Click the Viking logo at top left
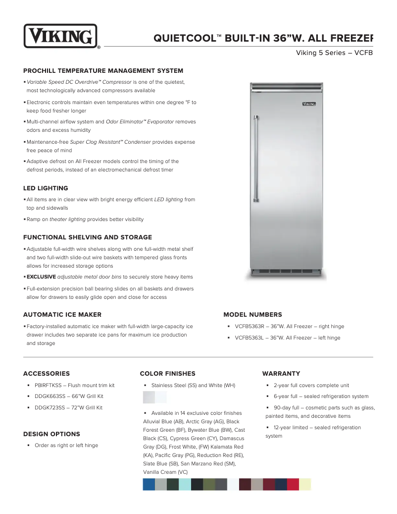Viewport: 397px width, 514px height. (60, 36)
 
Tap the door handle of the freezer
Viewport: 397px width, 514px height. (256, 156)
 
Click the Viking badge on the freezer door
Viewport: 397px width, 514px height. (309, 104)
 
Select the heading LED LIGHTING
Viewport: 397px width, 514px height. (46, 188)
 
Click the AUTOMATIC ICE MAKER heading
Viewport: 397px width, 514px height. (62, 315)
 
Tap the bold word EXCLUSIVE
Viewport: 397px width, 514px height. (41, 277)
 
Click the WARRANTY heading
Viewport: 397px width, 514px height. (281, 374)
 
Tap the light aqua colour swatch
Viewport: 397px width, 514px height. (185, 484)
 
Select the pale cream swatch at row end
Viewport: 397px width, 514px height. (305, 484)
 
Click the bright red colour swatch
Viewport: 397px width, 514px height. (293, 484)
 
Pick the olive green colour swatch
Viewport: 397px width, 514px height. (209, 484)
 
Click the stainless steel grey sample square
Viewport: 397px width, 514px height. (149, 397)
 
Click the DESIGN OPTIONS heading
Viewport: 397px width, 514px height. (51, 434)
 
